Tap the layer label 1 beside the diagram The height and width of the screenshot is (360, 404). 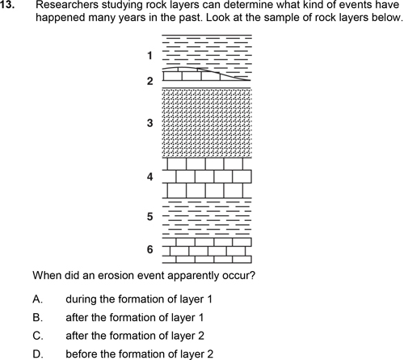click(x=149, y=56)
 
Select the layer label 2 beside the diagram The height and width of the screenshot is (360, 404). click(x=150, y=81)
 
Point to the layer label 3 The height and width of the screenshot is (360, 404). click(x=150, y=123)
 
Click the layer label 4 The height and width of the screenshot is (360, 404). click(x=150, y=177)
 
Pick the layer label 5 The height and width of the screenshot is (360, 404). click(x=150, y=217)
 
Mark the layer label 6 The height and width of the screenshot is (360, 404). click(x=150, y=249)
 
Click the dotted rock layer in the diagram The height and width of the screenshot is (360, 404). click(x=207, y=123)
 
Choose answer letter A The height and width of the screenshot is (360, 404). click(x=37, y=299)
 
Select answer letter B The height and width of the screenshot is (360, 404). click(x=37, y=317)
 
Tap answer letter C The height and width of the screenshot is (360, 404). click(x=37, y=336)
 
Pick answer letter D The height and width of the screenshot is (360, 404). click(x=37, y=354)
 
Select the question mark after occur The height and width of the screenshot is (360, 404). click(x=252, y=276)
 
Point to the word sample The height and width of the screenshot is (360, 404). click(x=282, y=18)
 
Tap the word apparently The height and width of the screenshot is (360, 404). click(x=194, y=277)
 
